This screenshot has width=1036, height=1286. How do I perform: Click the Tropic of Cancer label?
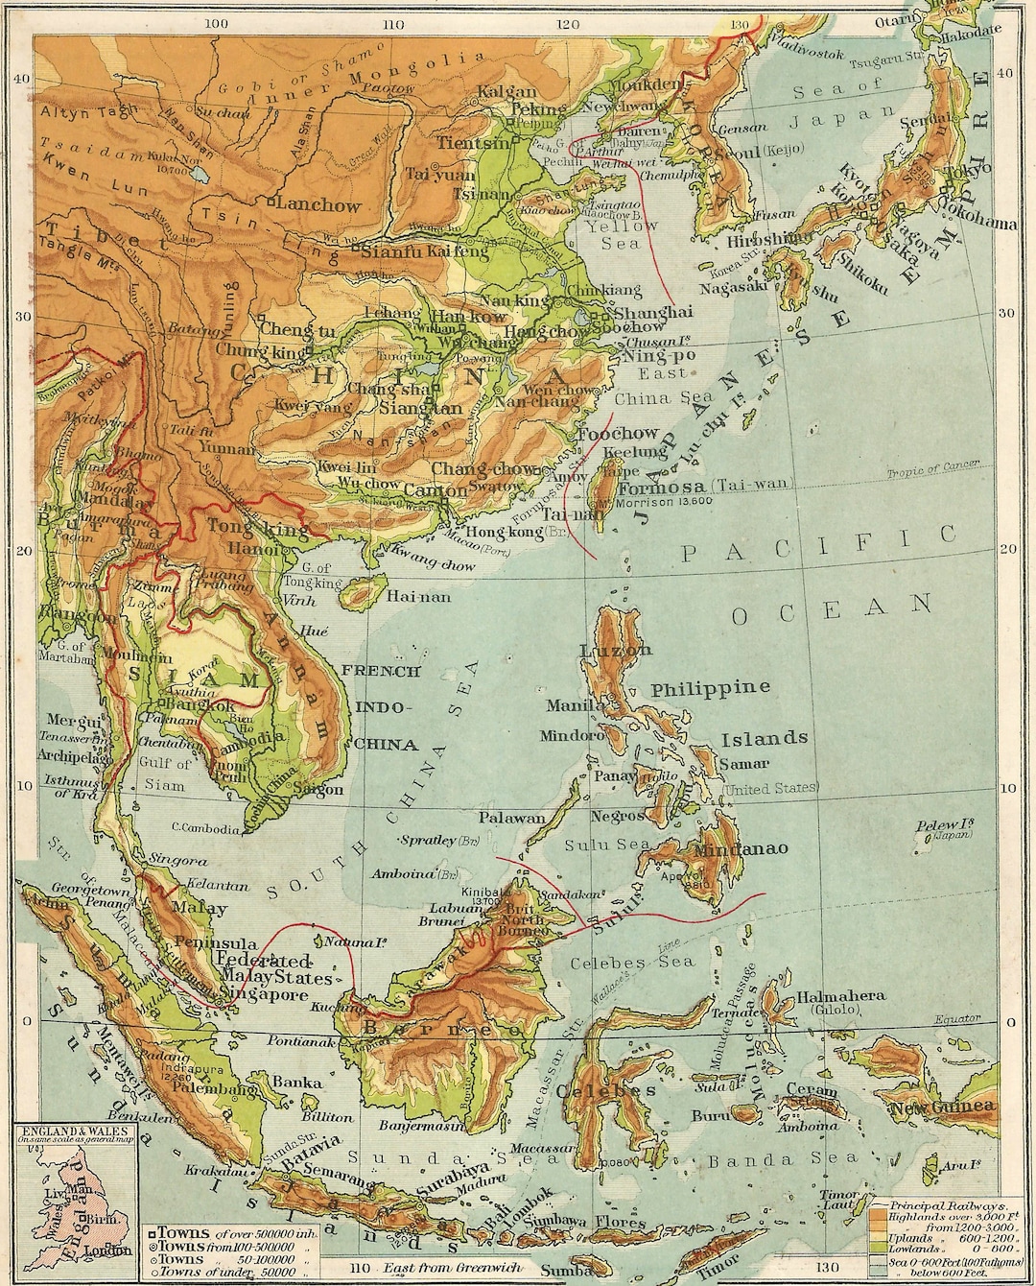tap(931, 467)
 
